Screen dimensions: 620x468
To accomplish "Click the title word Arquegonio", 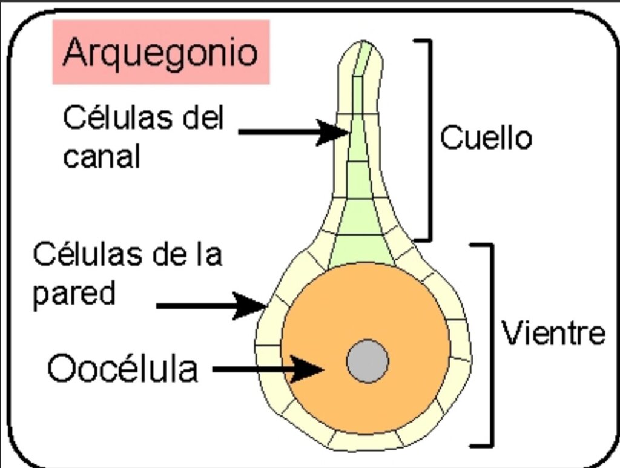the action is click(160, 53).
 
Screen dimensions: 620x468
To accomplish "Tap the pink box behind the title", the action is click(161, 52).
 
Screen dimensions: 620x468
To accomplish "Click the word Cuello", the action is click(486, 137).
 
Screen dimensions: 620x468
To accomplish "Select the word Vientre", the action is click(553, 332).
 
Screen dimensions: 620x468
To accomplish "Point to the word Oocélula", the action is click(122, 368).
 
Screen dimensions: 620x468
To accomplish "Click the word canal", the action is click(102, 156).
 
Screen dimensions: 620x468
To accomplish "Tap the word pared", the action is click(74, 293).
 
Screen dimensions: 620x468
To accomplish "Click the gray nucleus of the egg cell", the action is click(368, 361).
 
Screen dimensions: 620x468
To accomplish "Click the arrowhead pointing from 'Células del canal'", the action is click(333, 133).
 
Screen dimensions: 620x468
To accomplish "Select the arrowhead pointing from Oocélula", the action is click(307, 369).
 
